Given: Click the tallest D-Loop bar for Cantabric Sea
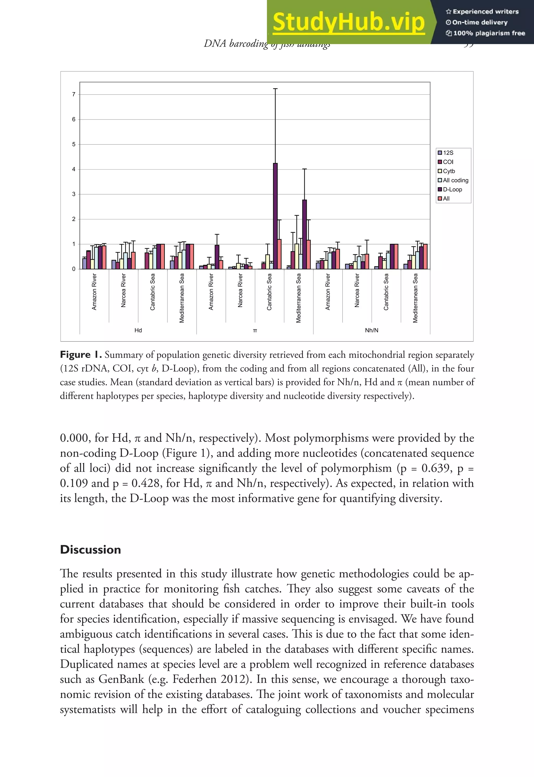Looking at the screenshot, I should [275, 216].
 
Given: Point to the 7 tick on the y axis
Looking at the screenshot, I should [74, 94].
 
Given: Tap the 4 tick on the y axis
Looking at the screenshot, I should [74, 169].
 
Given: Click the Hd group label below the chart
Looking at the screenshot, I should [138, 330].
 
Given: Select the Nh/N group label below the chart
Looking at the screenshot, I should [371, 330].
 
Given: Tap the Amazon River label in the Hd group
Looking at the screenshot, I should [94, 292].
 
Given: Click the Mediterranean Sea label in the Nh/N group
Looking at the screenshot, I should [415, 298].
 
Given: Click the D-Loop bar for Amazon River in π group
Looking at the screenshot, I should [217, 257].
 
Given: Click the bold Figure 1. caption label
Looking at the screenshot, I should [81, 355].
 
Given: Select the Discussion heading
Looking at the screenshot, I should [90, 550].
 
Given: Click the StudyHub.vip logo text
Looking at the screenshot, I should [348, 22].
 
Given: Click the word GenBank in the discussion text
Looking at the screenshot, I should [121, 679].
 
